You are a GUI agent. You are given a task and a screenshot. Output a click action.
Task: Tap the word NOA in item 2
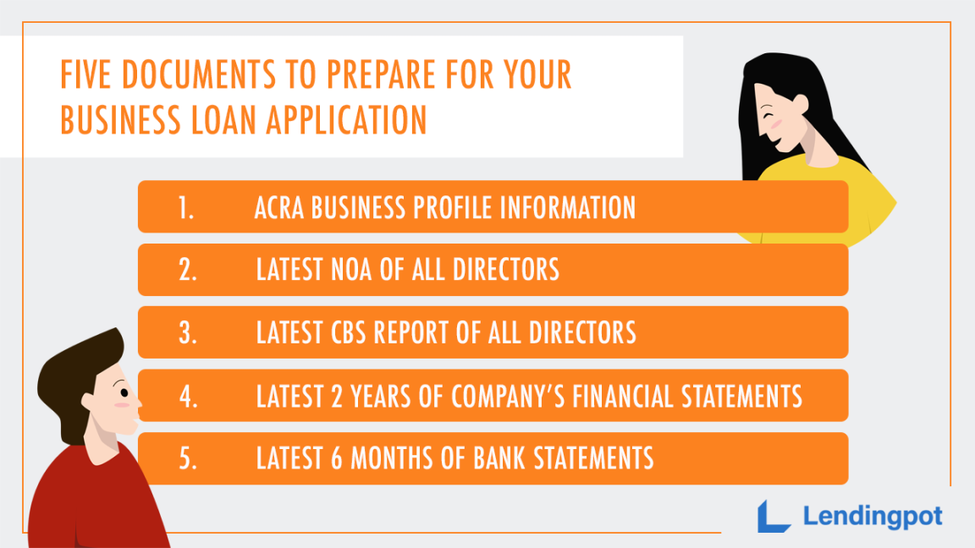353,270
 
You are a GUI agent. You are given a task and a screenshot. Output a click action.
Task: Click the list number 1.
186,207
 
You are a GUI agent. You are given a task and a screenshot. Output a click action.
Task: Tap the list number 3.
187,332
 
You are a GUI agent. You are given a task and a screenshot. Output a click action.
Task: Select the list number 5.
187,458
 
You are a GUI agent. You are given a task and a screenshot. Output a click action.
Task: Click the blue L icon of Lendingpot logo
772,515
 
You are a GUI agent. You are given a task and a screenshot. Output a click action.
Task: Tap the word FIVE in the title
87,75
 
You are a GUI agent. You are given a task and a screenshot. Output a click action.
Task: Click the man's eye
124,393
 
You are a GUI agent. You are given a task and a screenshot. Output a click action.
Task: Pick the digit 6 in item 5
333,458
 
